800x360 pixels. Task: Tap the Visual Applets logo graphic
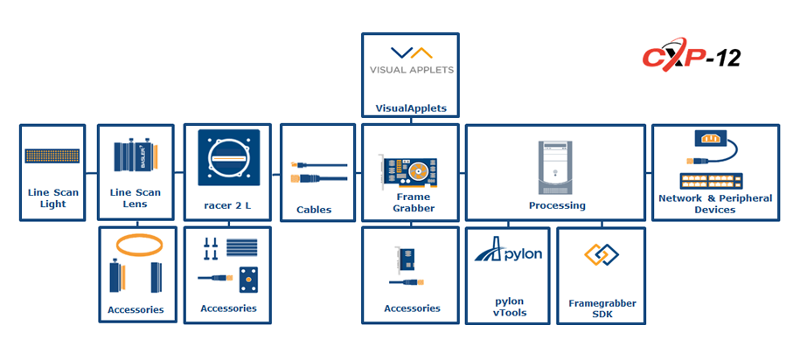pyautogui.click(x=411, y=60)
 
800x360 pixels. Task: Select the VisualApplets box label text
pyautogui.click(x=411, y=108)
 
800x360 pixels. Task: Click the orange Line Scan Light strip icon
pyautogui.click(x=52, y=156)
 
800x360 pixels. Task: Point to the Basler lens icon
pyautogui.click(x=136, y=157)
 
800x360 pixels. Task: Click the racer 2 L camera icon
pyautogui.click(x=228, y=157)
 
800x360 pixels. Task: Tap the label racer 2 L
pyautogui.click(x=227, y=206)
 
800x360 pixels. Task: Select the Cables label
pyautogui.click(x=314, y=210)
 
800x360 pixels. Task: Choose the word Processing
pyautogui.click(x=557, y=206)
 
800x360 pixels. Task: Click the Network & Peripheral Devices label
pyautogui.click(x=715, y=204)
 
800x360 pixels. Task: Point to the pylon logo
pyautogui.click(x=508, y=251)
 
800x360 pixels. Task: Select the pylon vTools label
pyautogui.click(x=508, y=307)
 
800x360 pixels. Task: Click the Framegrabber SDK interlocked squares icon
pyautogui.click(x=602, y=255)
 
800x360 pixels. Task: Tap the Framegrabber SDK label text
pyautogui.click(x=602, y=309)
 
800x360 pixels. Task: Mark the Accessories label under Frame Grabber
pyautogui.click(x=412, y=308)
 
